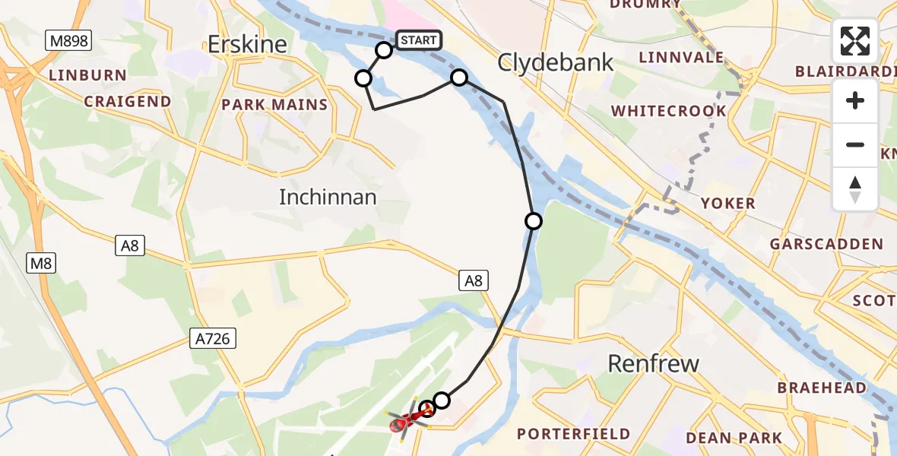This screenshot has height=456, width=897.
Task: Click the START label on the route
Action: pyautogui.click(x=418, y=40)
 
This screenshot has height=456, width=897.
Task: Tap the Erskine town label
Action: pyautogui.click(x=248, y=45)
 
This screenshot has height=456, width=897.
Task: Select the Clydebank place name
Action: pyautogui.click(x=556, y=62)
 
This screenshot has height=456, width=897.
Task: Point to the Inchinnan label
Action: pyautogui.click(x=328, y=198)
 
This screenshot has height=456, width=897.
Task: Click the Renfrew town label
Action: pyautogui.click(x=654, y=363)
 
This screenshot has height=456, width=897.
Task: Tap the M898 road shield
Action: pyautogui.click(x=68, y=41)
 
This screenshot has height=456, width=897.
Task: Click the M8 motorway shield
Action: pyautogui.click(x=41, y=264)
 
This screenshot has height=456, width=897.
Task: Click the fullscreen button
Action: pyautogui.click(x=855, y=41)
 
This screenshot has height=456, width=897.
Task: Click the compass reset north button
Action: pyautogui.click(x=855, y=188)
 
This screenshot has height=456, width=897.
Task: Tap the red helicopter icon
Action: pyautogui.click(x=401, y=423)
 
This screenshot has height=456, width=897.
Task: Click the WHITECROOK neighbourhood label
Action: pyautogui.click(x=669, y=111)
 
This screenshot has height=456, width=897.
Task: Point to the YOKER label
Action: pyautogui.click(x=728, y=203)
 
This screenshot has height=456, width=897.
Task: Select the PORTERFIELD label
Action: pyautogui.click(x=573, y=434)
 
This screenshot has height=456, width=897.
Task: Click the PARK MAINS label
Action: pyautogui.click(x=274, y=105)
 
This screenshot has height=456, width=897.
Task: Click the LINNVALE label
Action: pyautogui.click(x=682, y=57)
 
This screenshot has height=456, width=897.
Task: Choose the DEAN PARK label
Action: pyautogui.click(x=734, y=438)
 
